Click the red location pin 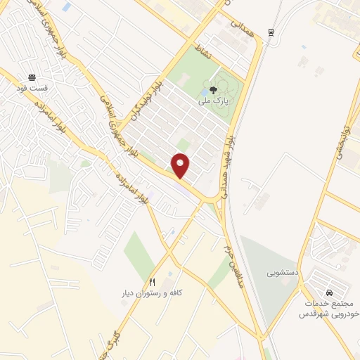tap(181, 165)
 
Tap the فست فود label tap(33, 89)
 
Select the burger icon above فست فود tap(32, 78)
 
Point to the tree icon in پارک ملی tap(214, 90)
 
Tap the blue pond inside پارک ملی tap(205, 91)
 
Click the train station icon tap(271, 32)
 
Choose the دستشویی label tap(282, 271)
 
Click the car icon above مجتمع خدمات tap(328, 292)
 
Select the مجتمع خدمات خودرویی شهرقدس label tap(328, 307)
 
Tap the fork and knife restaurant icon tap(152, 282)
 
